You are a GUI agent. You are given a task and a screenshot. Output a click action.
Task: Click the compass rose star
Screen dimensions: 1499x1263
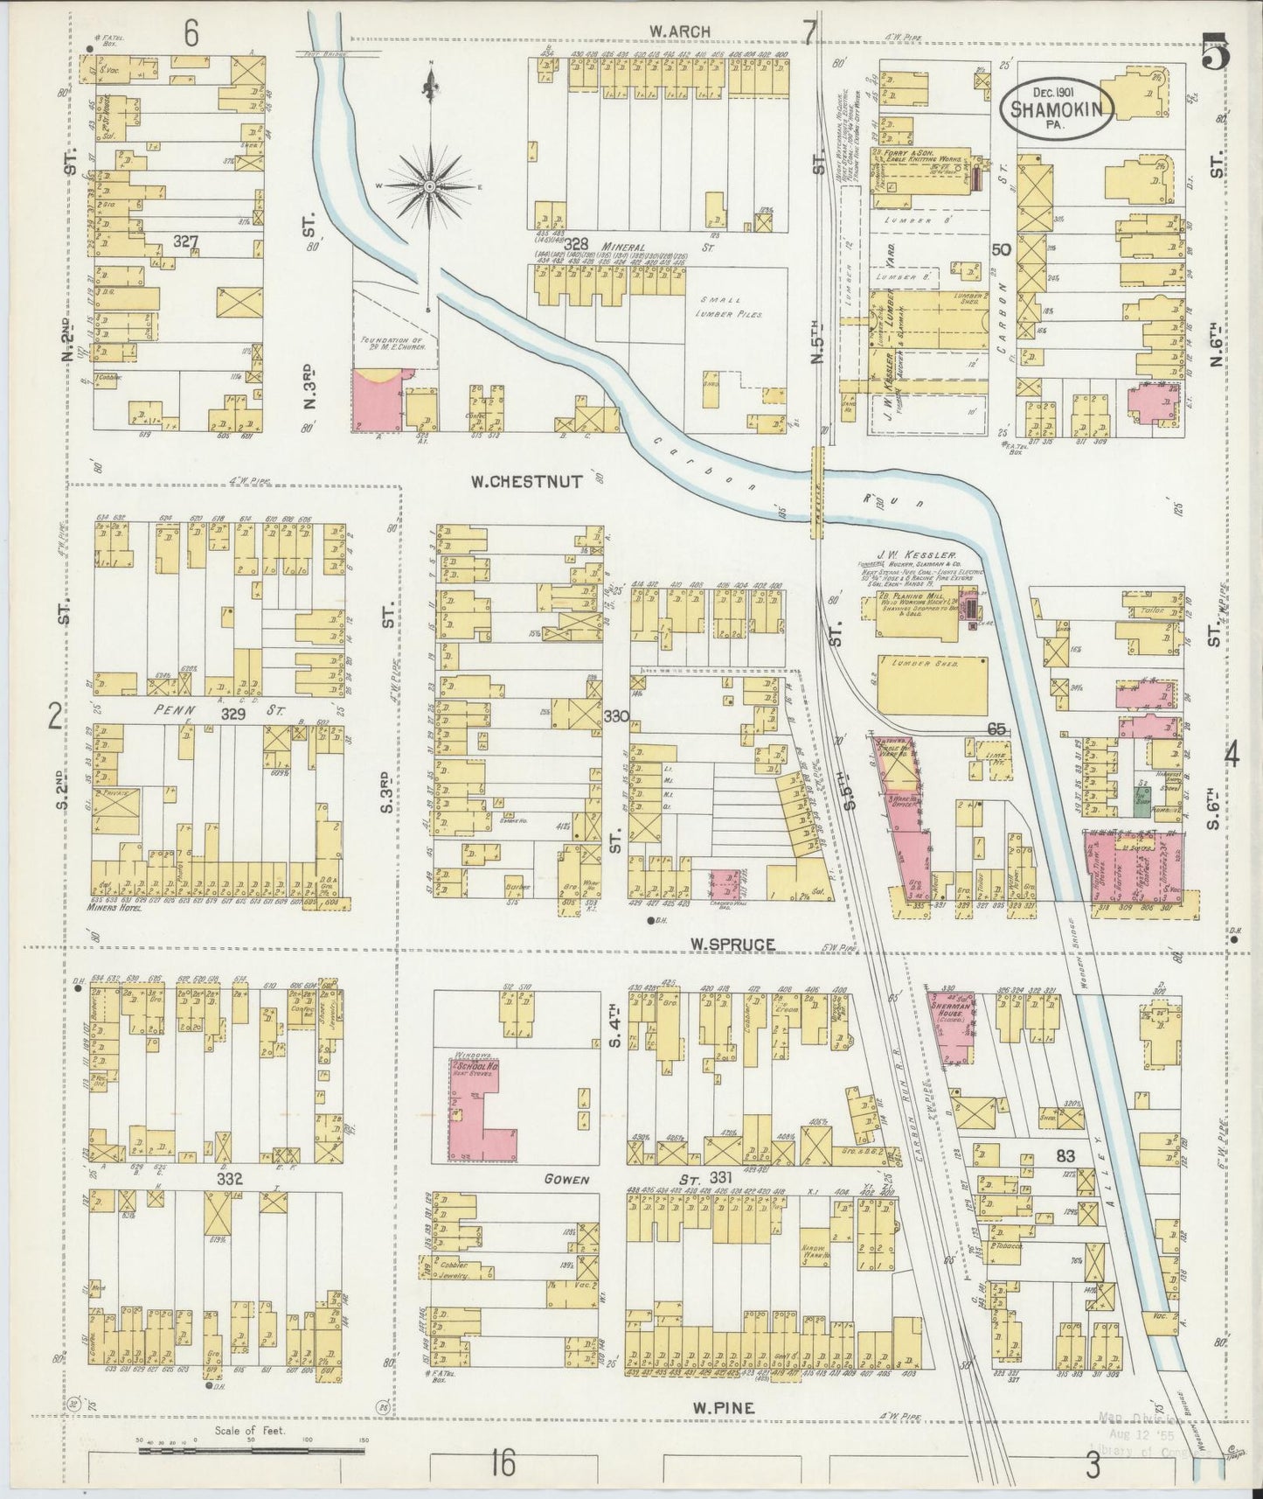430,186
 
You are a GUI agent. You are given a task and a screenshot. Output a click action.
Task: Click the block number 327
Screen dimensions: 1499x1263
185,241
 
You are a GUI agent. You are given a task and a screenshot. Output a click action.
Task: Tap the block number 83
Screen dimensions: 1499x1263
1065,1155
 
